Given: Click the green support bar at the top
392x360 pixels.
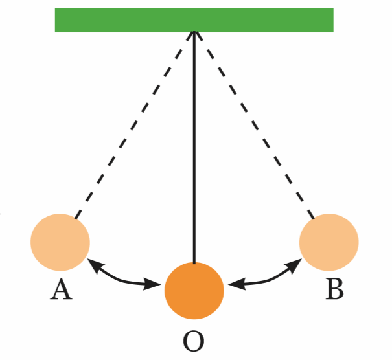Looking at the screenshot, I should click(194, 19).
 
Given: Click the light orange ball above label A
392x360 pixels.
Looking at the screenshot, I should click(60, 242).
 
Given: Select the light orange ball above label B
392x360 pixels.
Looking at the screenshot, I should click(329, 242).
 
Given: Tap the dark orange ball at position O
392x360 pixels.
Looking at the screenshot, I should click(194, 290).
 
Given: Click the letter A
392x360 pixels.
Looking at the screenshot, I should click(61, 289).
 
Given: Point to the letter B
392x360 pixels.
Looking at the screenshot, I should click(334, 289).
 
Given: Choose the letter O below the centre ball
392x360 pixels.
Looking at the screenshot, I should click(193, 341).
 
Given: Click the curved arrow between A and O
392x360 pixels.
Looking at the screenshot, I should click(123, 277).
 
